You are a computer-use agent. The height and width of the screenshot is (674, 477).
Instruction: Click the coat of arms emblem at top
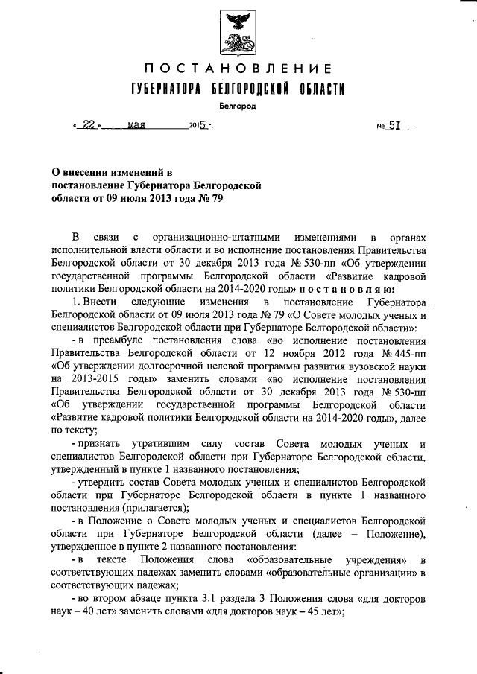238,33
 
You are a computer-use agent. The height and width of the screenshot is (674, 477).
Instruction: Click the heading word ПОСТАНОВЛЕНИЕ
238,69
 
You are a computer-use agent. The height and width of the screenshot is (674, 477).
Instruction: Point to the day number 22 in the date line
89,126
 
